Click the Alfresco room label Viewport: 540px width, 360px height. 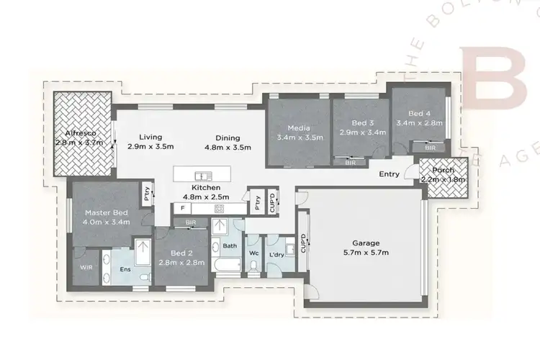80,133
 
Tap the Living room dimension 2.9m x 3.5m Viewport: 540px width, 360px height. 150,146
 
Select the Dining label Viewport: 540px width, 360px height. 228,137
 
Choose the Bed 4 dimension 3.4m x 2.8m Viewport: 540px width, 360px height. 419,123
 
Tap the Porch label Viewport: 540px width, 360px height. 443,169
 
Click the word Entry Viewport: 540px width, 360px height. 390,174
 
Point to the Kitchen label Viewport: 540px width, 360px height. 195,187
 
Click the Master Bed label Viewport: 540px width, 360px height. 106,212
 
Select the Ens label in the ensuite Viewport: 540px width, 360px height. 124,270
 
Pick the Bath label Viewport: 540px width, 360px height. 230,246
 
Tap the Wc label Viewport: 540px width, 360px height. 253,253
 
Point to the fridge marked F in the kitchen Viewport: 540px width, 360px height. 183,208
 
